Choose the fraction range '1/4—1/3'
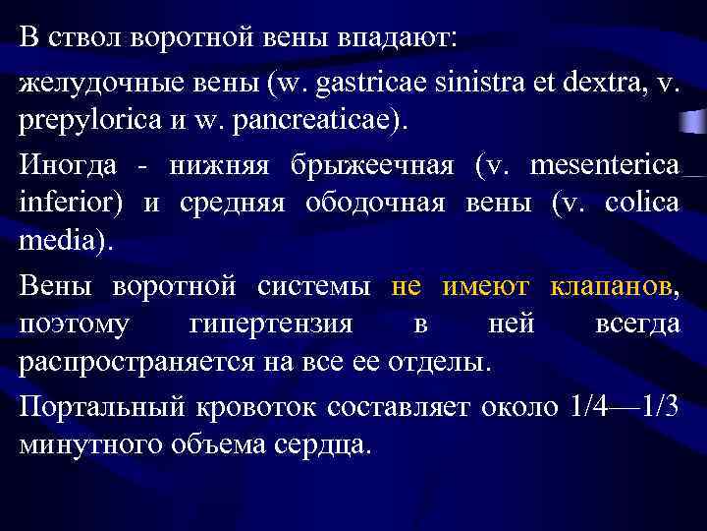[x=624, y=406]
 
